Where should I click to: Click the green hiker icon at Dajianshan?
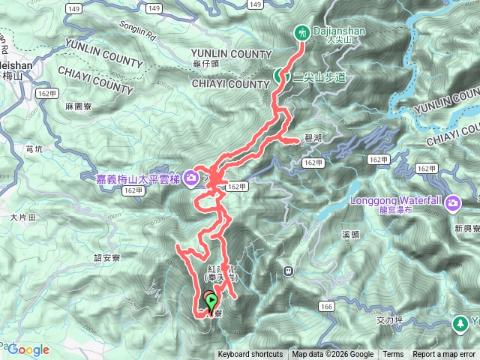click(302, 33)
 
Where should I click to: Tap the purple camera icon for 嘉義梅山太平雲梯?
click(192, 177)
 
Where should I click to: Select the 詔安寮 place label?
click(107, 257)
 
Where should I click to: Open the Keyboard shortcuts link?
click(250, 355)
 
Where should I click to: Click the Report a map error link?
click(445, 355)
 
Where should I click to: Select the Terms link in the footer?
click(393, 355)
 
